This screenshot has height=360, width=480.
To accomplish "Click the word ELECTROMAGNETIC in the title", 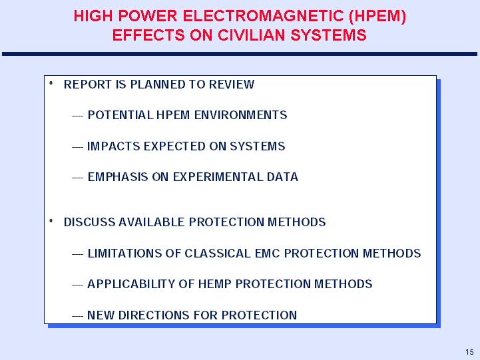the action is tap(263, 16).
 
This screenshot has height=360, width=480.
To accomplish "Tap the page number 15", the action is tap(469, 352).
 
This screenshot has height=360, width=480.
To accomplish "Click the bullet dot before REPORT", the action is tap(51, 83).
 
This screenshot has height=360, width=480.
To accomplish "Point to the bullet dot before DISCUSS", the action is tap(51, 221).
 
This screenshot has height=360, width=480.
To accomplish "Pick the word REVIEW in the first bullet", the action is tap(232, 85).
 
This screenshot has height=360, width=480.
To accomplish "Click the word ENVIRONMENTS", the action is tap(240, 115).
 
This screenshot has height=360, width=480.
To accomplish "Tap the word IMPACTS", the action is tap(114, 146).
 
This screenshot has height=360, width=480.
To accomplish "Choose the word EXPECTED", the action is tap(174, 146).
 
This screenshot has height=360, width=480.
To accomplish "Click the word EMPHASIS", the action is tap(118, 177).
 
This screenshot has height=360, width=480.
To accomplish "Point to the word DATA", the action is tap(282, 177).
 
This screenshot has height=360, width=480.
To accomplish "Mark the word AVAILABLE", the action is tap(152, 222).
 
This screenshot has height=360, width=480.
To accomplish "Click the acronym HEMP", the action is tap(215, 284).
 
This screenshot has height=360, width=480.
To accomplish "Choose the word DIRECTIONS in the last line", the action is tap(152, 315).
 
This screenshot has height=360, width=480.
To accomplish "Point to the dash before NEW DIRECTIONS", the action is tap(77, 316).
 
